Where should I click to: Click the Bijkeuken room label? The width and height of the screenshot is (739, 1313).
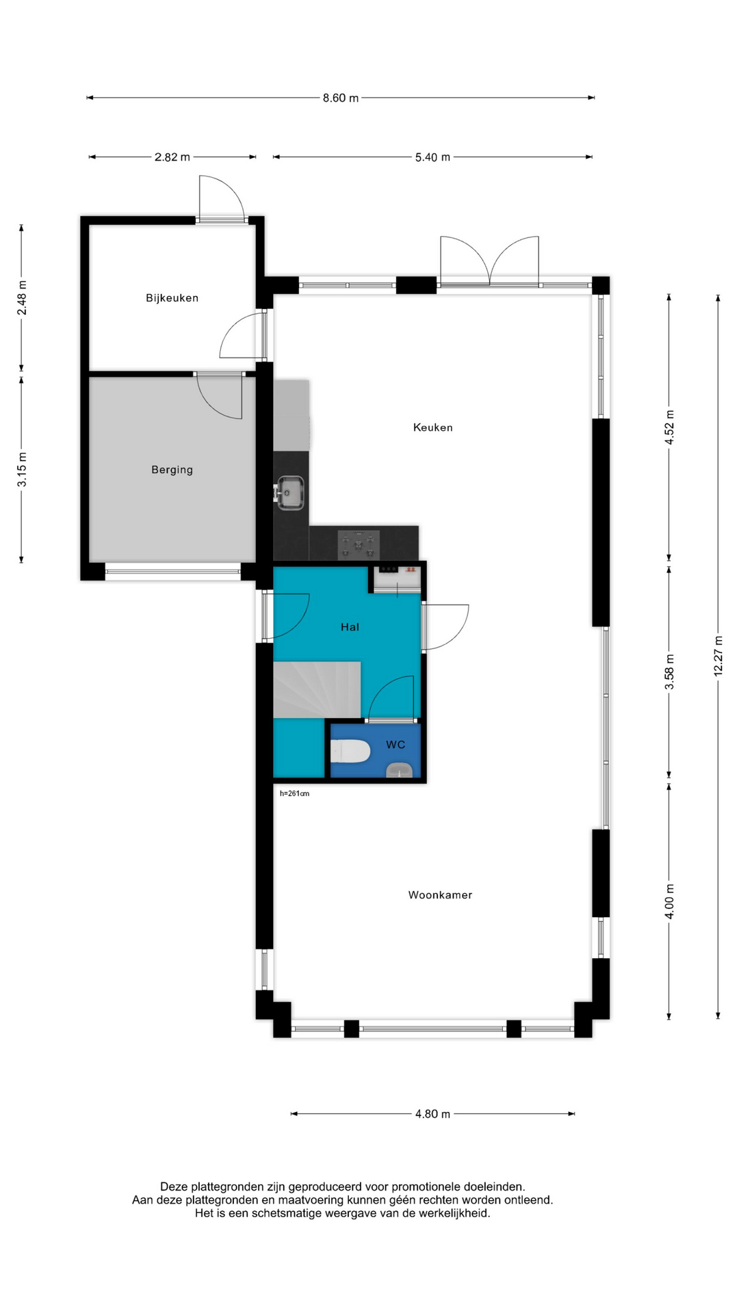click(x=172, y=298)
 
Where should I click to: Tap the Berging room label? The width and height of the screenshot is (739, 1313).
click(x=172, y=470)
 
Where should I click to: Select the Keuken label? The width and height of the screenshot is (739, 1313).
click(x=433, y=427)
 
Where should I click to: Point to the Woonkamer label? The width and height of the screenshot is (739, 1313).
click(x=440, y=894)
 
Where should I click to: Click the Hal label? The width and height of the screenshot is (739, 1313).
click(x=350, y=627)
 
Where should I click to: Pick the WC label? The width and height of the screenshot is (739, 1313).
click(x=396, y=745)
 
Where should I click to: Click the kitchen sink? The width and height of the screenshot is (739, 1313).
click(x=289, y=492)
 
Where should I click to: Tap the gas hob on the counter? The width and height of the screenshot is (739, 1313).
click(x=359, y=544)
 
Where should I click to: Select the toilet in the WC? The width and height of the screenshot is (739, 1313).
click(x=350, y=752)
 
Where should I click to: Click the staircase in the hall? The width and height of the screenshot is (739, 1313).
click(x=317, y=689)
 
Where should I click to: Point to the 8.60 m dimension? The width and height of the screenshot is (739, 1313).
click(x=341, y=98)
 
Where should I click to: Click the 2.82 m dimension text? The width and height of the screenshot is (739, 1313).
click(x=172, y=157)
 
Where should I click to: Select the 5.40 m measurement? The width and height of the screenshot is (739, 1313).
click(x=432, y=157)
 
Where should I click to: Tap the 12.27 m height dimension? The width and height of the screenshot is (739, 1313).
click(x=718, y=656)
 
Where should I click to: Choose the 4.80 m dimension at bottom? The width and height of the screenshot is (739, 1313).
click(x=432, y=1114)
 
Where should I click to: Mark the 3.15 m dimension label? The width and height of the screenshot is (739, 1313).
click(x=22, y=470)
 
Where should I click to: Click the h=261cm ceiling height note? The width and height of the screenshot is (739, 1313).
click(x=295, y=794)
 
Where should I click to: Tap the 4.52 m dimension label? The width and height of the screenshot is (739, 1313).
click(x=670, y=427)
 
